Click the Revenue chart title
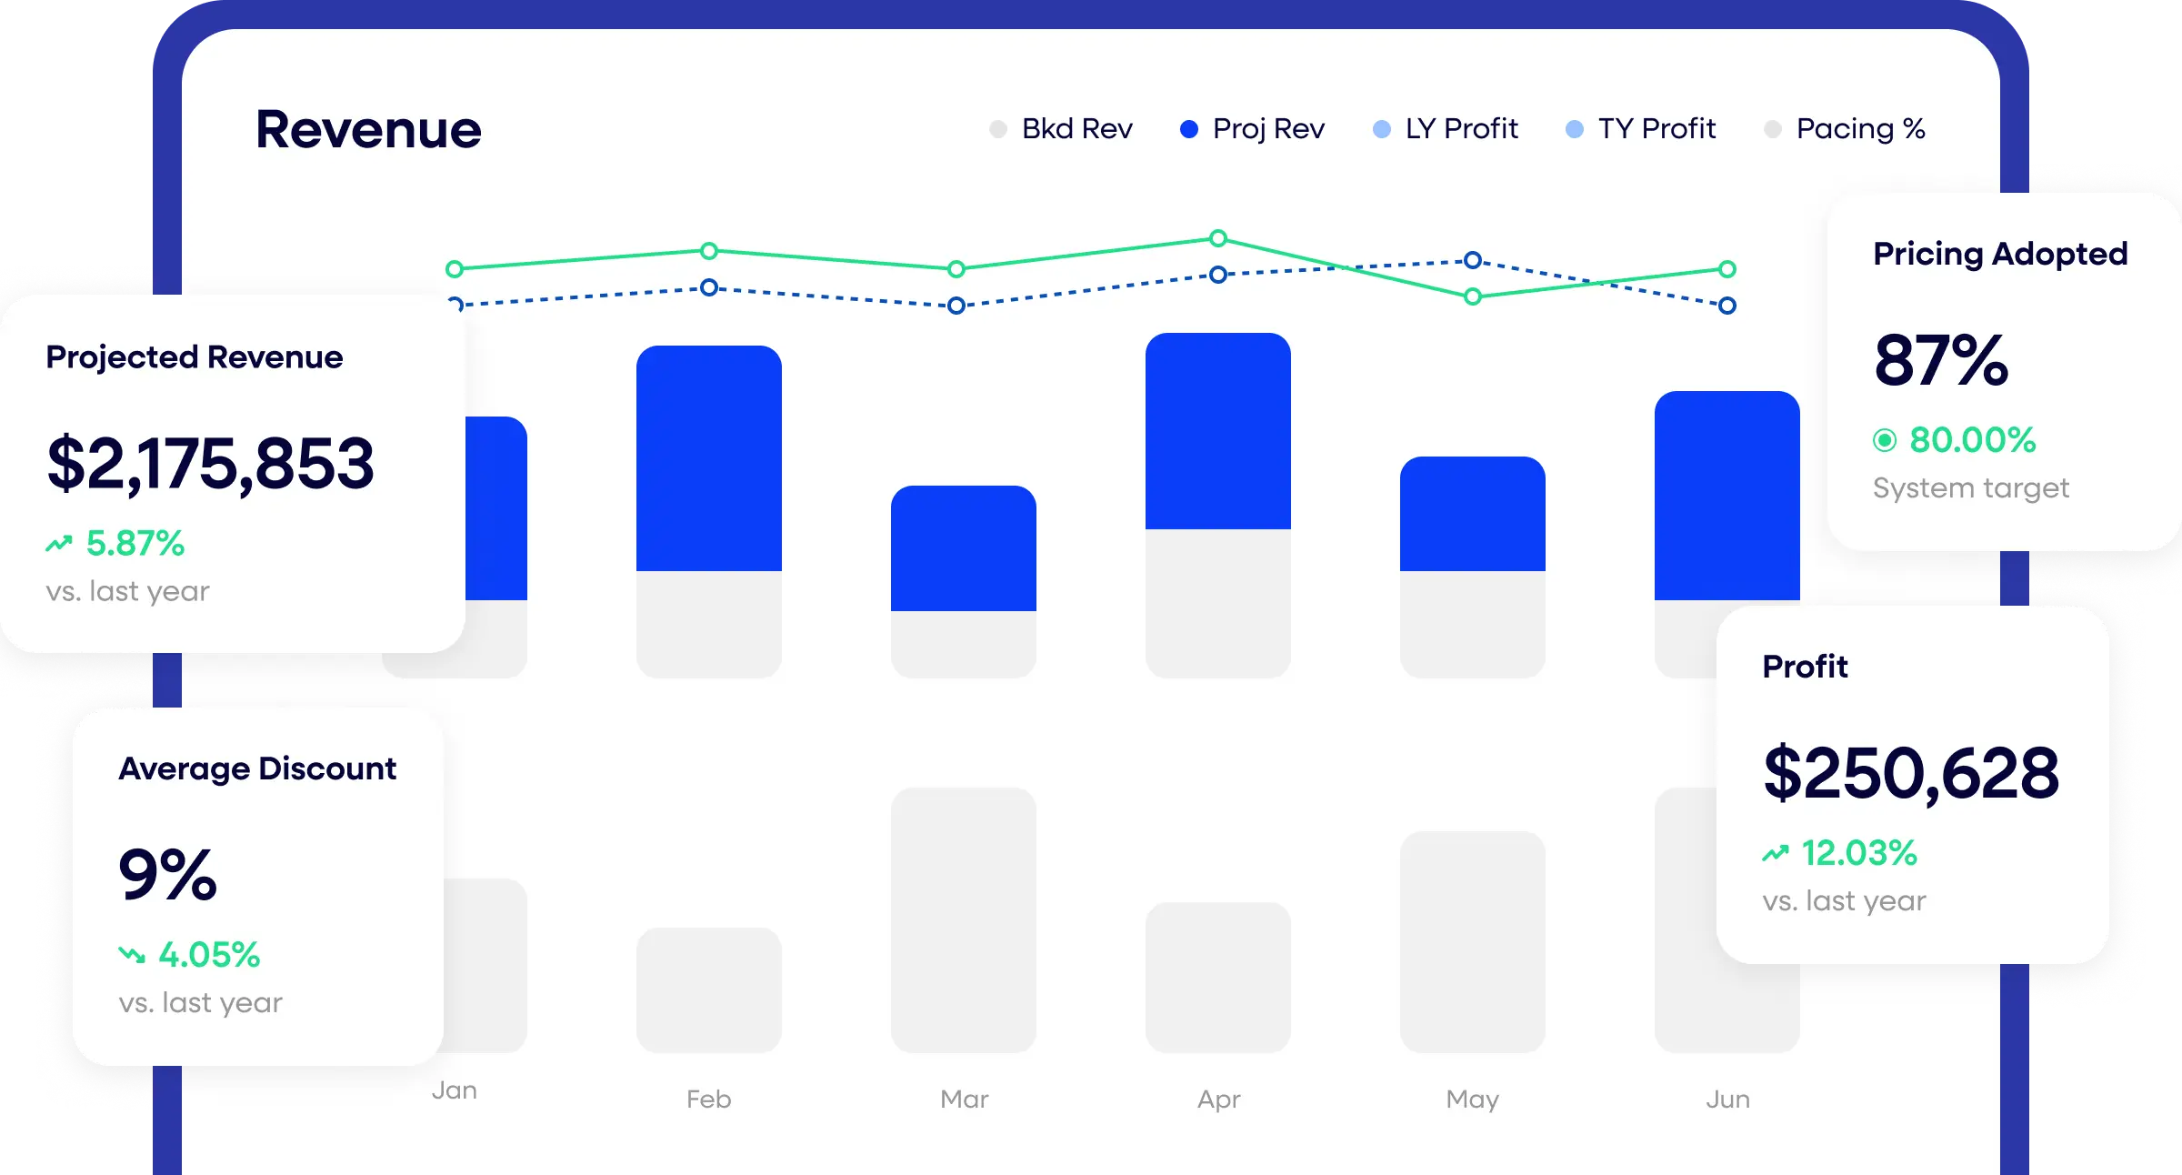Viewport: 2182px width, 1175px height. click(x=368, y=129)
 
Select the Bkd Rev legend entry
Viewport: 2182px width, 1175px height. click(x=1061, y=129)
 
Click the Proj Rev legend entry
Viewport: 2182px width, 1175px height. click(x=1252, y=129)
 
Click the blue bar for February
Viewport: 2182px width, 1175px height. click(x=709, y=458)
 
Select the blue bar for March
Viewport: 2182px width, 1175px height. click(x=964, y=548)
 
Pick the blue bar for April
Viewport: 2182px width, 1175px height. click(x=1218, y=431)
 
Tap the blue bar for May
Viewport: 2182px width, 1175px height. click(x=1473, y=514)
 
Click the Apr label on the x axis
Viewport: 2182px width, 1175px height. click(x=1218, y=1100)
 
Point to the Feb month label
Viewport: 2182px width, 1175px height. click(x=709, y=1100)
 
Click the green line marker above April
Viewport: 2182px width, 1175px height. click(x=1218, y=238)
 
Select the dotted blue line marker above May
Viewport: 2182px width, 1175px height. click(x=1473, y=261)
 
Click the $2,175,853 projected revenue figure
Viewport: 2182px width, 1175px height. click(x=210, y=464)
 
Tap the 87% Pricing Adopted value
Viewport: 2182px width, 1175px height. click(x=1941, y=360)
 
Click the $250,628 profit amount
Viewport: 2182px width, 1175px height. click(x=1911, y=774)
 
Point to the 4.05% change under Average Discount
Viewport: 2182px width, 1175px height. click(x=209, y=955)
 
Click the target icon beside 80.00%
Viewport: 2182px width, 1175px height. click(x=1885, y=441)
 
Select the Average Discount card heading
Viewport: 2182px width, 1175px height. click(x=257, y=769)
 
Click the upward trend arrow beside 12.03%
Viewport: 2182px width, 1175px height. click(x=1776, y=853)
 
